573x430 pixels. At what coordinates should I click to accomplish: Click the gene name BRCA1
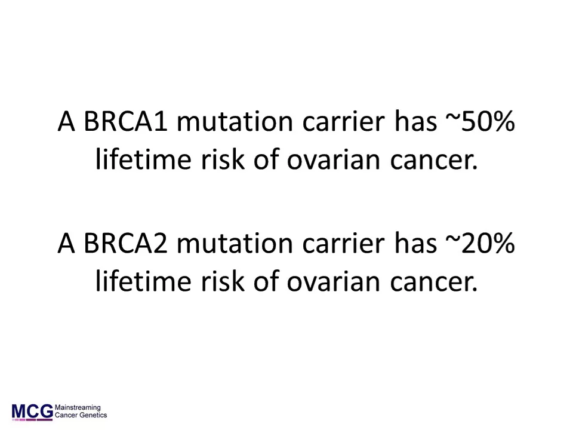pos(126,121)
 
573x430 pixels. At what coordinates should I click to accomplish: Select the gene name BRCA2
pos(126,243)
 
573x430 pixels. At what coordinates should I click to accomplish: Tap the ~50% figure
pos(480,121)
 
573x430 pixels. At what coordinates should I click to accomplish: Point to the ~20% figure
pos(480,243)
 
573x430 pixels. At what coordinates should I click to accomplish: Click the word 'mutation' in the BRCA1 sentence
pos(235,121)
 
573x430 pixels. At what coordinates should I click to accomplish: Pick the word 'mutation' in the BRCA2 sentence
pos(235,243)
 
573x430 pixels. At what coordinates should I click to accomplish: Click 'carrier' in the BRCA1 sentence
pos(344,121)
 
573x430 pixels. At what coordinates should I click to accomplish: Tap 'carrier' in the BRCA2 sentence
pos(344,243)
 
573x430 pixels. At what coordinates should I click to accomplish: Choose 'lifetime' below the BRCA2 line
pos(143,281)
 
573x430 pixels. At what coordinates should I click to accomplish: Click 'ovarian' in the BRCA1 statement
pos(333,160)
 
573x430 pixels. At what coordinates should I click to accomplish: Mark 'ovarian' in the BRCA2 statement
pos(333,282)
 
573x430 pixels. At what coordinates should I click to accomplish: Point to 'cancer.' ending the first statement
pos(434,161)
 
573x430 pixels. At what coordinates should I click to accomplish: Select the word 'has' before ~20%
pos(415,243)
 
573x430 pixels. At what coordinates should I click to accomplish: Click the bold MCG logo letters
pos(32,411)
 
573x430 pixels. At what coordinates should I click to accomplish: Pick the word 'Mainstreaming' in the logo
pos(78,408)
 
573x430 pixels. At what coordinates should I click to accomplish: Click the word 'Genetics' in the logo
pos(93,415)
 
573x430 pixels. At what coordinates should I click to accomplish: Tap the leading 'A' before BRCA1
pos(66,121)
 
